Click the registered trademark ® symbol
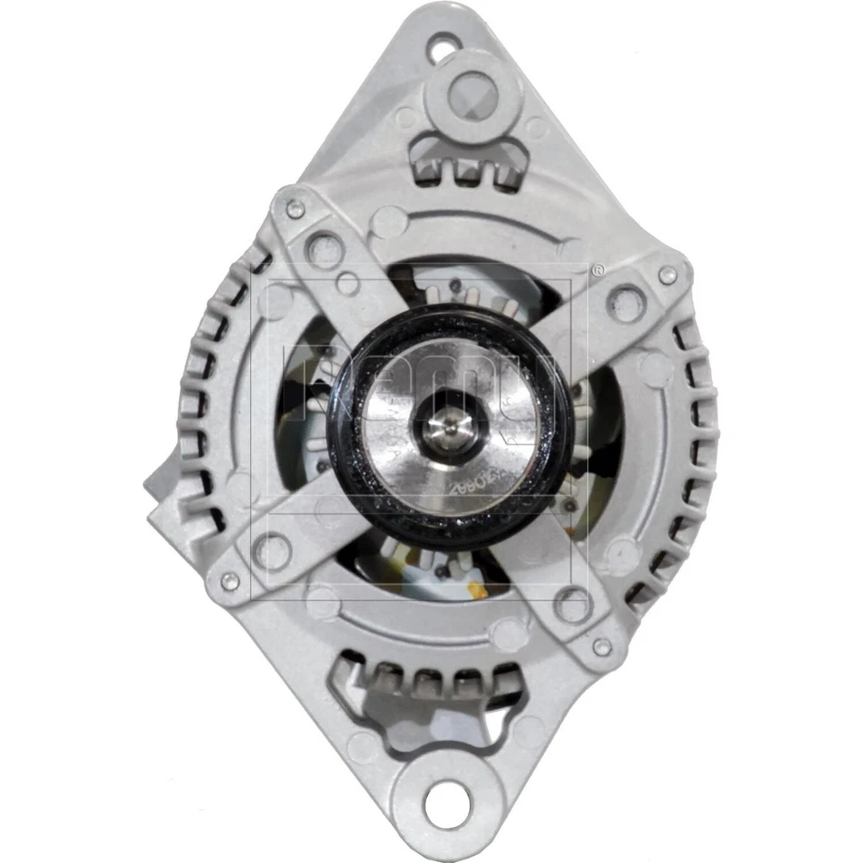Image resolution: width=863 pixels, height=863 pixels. pos(597,268)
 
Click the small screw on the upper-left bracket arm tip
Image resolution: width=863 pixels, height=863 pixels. pos(295,210)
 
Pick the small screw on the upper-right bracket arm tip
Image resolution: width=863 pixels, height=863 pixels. pos(666,275)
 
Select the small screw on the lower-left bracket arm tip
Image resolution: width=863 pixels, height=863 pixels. pos(230,582)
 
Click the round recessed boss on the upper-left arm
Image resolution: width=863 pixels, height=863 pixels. pos(325,251)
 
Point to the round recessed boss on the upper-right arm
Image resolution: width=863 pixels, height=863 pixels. pos(627,303)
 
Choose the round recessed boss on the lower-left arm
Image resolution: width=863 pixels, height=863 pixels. pos(271,548)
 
